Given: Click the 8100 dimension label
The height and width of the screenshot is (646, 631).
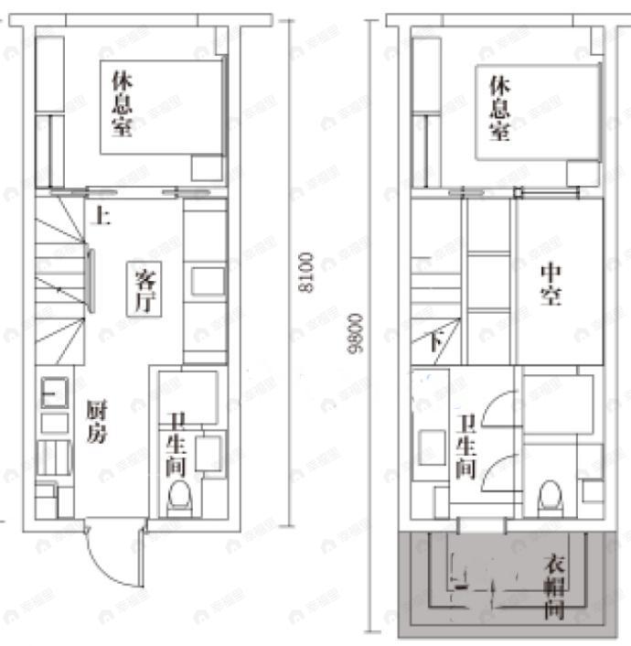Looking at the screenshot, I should [305, 272].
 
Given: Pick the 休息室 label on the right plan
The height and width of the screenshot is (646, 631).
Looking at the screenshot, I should [499, 108].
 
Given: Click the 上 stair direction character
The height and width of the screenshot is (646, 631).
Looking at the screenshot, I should [102, 218].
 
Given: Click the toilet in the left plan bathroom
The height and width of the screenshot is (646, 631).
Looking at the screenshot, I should [180, 498].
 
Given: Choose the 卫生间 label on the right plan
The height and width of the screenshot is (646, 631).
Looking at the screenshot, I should [466, 446].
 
